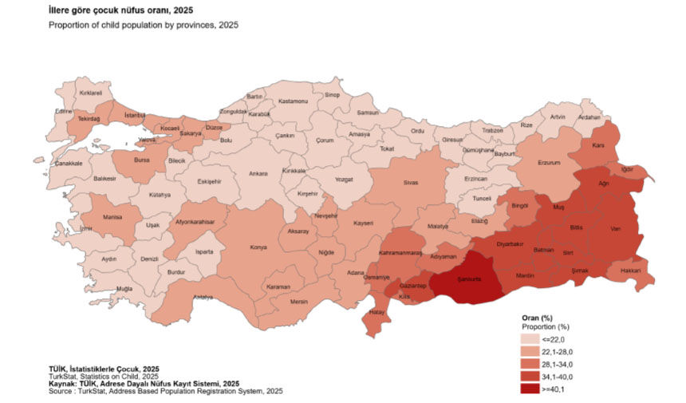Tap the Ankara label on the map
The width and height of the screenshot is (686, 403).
[x=258, y=173]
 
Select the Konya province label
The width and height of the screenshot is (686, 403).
[x=258, y=247]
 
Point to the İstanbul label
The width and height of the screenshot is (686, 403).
[x=135, y=115]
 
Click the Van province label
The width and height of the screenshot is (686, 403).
[x=615, y=228]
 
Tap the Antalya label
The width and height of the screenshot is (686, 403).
[x=203, y=298]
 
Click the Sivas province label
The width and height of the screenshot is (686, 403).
[x=410, y=183]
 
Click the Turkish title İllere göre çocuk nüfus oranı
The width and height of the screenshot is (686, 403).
[x=120, y=11]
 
